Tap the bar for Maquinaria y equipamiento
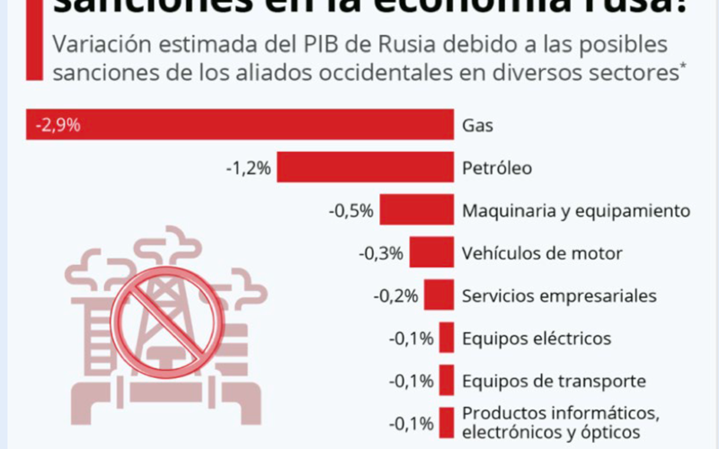coord(416,210)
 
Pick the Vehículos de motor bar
coord(431,253)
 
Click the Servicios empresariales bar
coord(439,295)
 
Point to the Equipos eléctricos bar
coord(446,339)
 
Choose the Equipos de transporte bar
coord(446,381)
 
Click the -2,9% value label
coord(58,125)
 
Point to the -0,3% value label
coord(381,253)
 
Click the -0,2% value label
coord(395,295)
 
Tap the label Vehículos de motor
coord(541,253)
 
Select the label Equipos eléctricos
coord(537,339)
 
